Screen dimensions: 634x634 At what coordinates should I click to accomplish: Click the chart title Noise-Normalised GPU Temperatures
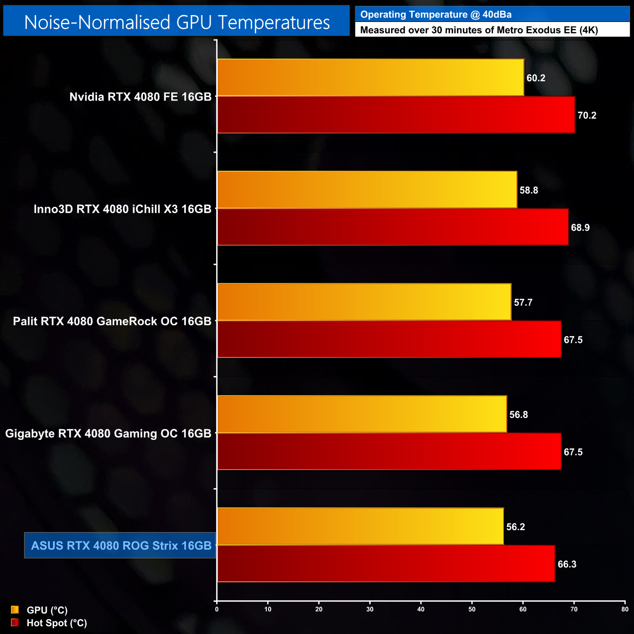click(177, 22)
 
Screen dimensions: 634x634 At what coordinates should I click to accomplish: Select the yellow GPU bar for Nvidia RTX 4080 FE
click(370, 78)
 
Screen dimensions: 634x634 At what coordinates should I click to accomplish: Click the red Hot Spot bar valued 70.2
click(396, 115)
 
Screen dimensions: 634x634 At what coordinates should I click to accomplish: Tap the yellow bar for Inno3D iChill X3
click(367, 190)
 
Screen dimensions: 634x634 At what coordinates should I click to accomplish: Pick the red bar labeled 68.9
click(393, 227)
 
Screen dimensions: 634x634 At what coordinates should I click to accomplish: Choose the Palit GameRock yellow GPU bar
click(364, 302)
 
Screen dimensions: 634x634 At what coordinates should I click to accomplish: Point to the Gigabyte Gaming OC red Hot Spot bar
click(389, 452)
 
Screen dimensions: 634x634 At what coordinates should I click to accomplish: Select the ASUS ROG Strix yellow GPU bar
click(360, 526)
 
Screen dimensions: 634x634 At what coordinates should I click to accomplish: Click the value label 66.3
click(567, 564)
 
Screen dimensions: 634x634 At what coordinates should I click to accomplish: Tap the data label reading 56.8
click(518, 415)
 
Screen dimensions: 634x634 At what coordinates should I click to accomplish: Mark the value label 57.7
click(523, 302)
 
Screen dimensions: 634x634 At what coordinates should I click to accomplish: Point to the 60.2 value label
click(535, 78)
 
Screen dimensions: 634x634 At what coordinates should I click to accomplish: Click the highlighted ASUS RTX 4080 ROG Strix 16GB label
click(121, 545)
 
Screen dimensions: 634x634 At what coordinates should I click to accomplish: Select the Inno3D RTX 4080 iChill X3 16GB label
click(122, 209)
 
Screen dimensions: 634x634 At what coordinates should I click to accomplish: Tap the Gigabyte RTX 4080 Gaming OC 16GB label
click(108, 434)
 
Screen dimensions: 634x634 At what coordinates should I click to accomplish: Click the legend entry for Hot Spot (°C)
click(56, 623)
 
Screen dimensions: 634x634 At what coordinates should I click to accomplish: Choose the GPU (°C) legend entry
click(47, 610)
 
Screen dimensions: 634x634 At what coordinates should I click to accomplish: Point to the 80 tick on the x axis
click(625, 609)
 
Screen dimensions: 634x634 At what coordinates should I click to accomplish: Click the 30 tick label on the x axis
click(370, 609)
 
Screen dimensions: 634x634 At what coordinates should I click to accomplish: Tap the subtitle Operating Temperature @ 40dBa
click(436, 15)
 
